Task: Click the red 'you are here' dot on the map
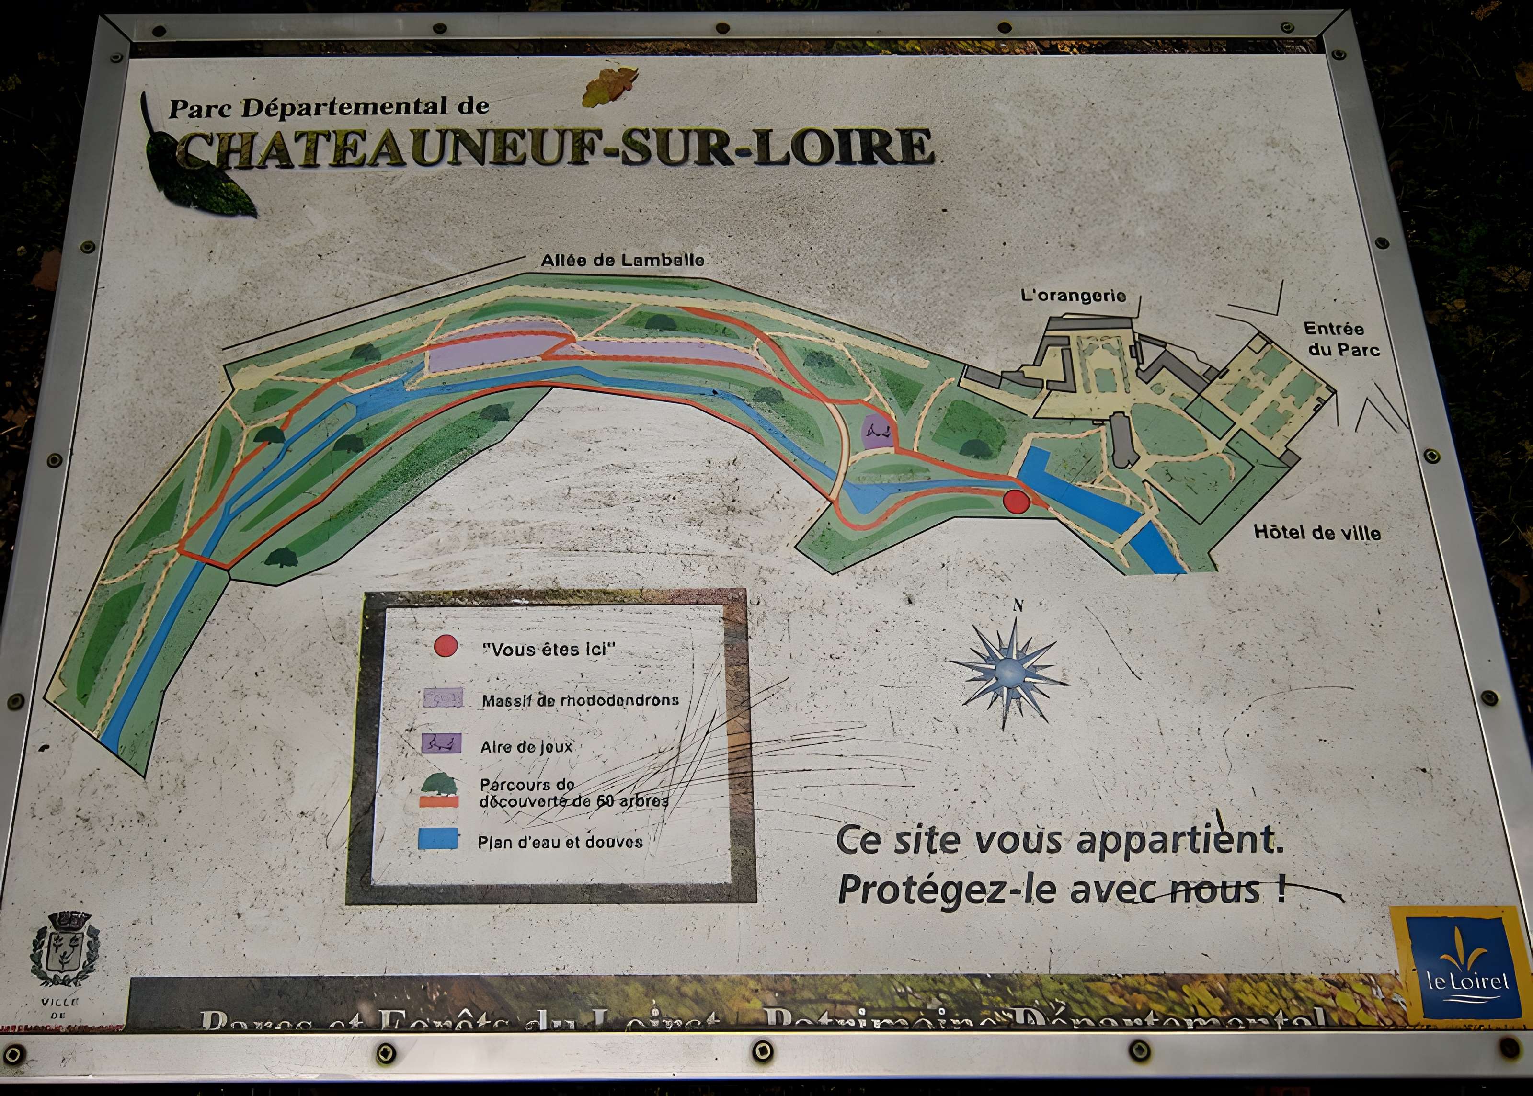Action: pos(1016,502)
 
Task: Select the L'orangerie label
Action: pos(1074,296)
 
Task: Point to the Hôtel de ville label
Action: pos(1317,533)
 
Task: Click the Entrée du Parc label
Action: pos(1342,340)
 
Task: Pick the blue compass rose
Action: pos(1010,671)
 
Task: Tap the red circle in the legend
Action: pos(446,646)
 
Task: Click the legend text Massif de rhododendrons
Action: pos(580,700)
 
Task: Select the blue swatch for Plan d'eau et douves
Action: pos(437,839)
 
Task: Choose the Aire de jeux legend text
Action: pos(526,747)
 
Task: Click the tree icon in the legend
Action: pos(440,784)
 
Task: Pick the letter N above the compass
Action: pos(1018,605)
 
